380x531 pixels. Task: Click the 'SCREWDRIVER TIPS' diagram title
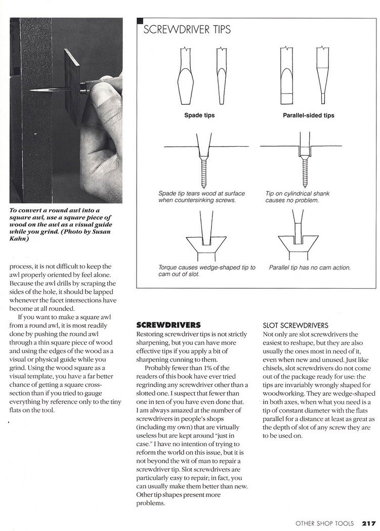[187, 30]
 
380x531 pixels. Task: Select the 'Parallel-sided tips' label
[308, 115]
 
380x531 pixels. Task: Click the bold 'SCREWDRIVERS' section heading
[169, 325]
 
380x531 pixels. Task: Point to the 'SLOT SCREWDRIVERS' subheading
[296, 325]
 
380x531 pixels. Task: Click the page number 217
[367, 523]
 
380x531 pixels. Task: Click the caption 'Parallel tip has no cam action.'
[310, 268]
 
